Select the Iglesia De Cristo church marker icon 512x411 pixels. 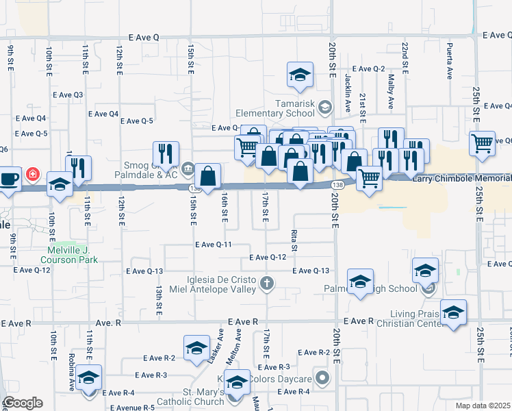[x=267, y=282]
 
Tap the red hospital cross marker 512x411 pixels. [x=31, y=175]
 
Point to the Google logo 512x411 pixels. [x=22, y=402]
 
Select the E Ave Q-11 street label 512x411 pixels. [x=213, y=245]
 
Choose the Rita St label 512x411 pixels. [x=295, y=240]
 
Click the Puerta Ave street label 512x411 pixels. [x=449, y=61]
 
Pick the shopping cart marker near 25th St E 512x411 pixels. [x=482, y=144]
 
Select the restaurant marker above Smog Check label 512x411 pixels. [x=166, y=153]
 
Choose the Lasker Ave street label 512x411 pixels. [x=220, y=342]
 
